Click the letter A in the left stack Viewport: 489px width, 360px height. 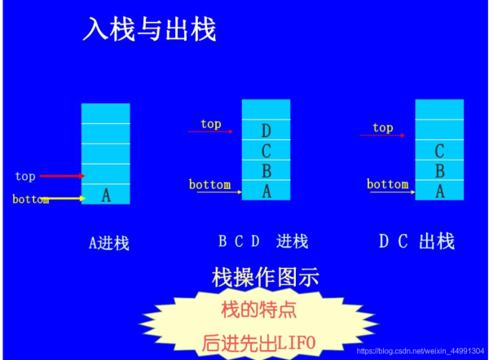click(x=105, y=195)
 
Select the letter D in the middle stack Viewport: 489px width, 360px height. click(x=266, y=130)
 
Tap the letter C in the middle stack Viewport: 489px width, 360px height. click(x=266, y=151)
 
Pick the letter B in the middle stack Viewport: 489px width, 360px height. click(x=266, y=171)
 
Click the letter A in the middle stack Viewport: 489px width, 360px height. click(x=266, y=191)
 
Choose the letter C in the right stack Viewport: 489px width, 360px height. click(x=439, y=151)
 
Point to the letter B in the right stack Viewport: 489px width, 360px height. click(x=439, y=171)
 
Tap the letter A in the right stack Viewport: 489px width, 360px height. click(x=439, y=191)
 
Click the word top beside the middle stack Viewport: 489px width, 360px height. click(x=211, y=124)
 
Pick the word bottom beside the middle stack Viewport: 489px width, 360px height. click(x=209, y=184)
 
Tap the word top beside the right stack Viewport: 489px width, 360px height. click(x=382, y=127)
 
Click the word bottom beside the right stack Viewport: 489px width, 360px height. click(x=387, y=184)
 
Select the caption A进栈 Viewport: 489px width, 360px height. click(x=109, y=243)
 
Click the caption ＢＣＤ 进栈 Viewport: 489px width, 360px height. click(x=262, y=241)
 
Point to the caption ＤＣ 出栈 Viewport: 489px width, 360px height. click(x=416, y=241)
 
